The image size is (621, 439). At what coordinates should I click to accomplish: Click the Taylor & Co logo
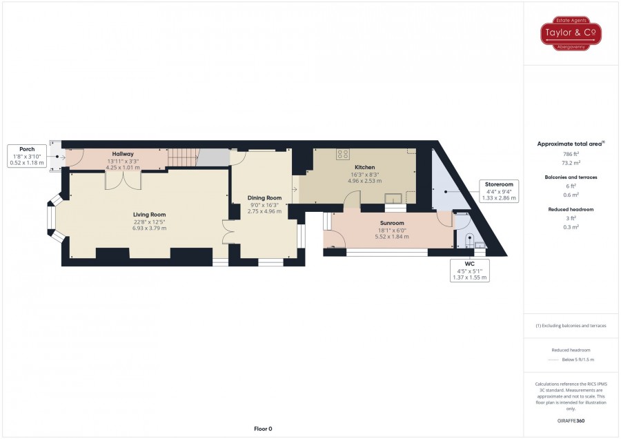[x=571, y=33]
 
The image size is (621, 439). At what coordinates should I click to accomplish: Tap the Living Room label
[x=149, y=215]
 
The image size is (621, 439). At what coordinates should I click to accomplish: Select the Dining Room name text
[x=264, y=198]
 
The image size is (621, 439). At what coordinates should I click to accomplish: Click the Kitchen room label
[x=364, y=167]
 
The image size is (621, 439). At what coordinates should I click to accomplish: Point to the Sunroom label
[x=392, y=223]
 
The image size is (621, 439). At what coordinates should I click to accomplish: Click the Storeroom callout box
[x=499, y=191]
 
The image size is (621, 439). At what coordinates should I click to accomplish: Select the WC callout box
[x=469, y=271]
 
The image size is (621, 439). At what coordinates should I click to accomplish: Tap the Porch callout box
[x=27, y=156]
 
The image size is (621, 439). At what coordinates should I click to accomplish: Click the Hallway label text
[x=122, y=154]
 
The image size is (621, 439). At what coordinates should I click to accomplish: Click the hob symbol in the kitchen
[x=342, y=154]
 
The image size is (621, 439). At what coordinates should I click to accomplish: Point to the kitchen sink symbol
[x=393, y=197]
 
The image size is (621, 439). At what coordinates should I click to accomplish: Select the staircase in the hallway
[x=183, y=157]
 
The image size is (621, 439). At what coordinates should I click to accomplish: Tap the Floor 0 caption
[x=263, y=429]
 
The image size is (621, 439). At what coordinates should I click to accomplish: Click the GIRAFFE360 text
[x=571, y=421]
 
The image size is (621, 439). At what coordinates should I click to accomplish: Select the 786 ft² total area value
[x=571, y=154]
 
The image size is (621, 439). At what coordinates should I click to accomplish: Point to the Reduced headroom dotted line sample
[x=553, y=360]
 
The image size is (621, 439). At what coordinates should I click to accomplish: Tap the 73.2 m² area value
[x=571, y=163]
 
